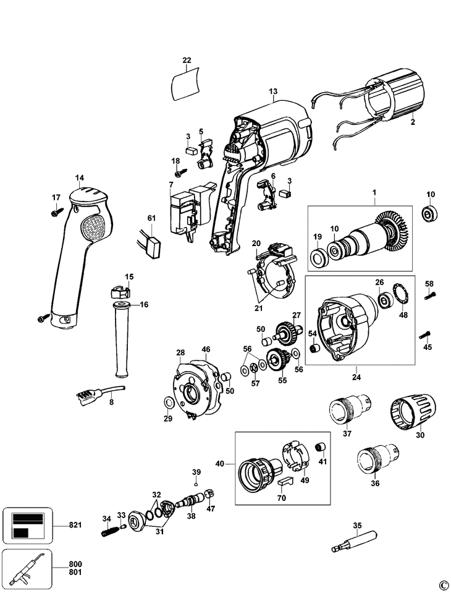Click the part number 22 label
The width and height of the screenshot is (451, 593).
(x=187, y=60)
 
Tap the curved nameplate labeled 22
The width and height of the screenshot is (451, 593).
(x=186, y=84)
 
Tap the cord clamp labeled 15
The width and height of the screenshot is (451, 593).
(x=120, y=292)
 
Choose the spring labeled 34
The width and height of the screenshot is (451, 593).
(x=108, y=530)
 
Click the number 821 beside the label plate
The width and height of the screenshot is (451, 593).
(x=75, y=526)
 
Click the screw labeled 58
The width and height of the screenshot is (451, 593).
(x=431, y=296)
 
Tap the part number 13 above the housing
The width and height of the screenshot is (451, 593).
(x=273, y=92)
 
